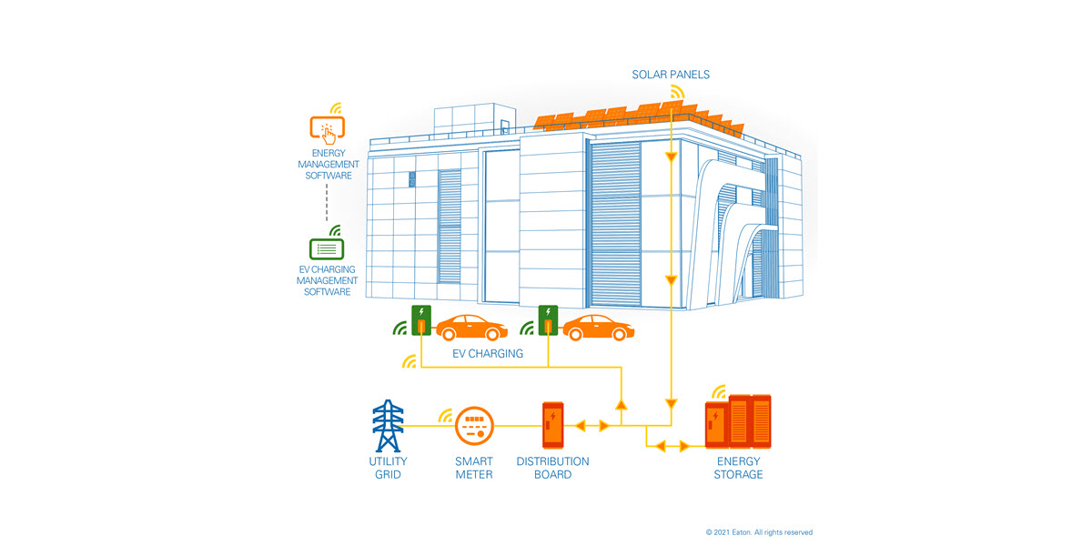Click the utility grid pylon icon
[388, 426]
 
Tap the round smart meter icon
[474, 426]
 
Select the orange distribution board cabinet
[553, 425]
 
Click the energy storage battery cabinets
[738, 421]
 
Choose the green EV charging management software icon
[327, 249]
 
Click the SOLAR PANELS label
[671, 75]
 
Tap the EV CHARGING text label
[488, 353]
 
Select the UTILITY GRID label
[388, 468]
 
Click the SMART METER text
[474, 468]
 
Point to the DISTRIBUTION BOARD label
[553, 468]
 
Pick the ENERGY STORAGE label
[738, 468]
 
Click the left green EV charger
[421, 320]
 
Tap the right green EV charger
[548, 320]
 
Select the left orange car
[471, 328]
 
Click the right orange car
[598, 328]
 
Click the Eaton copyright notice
[759, 532]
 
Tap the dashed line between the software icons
[327, 202]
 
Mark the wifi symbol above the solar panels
[677, 92]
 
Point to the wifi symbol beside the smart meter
[446, 415]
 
